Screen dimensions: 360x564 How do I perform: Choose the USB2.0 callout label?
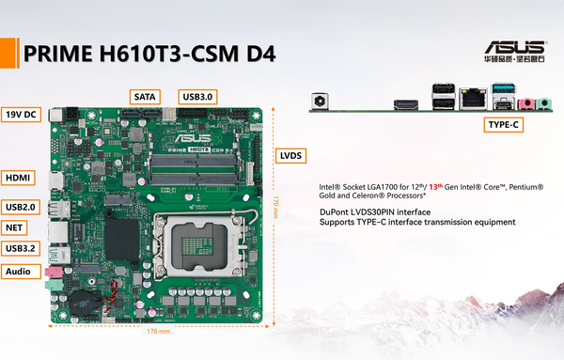(21, 207)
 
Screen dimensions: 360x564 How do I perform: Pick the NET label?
(15, 227)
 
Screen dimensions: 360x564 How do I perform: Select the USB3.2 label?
(21, 248)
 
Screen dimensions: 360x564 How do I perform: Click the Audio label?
(20, 272)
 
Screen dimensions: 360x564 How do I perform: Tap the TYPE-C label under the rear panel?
(503, 124)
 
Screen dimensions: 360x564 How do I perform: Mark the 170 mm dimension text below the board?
(158, 332)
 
